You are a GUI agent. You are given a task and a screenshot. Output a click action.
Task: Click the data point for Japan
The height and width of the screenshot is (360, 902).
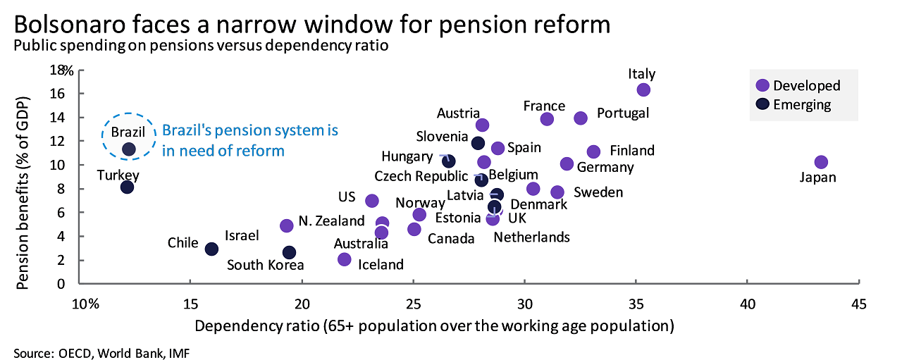pyautogui.click(x=820, y=162)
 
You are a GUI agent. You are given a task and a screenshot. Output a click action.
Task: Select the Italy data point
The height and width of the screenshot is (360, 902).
pyautogui.click(x=643, y=89)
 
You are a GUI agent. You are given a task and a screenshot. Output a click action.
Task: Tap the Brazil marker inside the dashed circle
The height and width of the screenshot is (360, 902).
pyautogui.click(x=129, y=149)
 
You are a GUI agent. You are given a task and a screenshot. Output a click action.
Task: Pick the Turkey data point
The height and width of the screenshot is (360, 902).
pyautogui.click(x=127, y=187)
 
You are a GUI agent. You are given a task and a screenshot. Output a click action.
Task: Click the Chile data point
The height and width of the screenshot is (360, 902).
pyautogui.click(x=211, y=249)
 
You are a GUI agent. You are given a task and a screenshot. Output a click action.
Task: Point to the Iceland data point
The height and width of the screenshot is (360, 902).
pyautogui.click(x=344, y=259)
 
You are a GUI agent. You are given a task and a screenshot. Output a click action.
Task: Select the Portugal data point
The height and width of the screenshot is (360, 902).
pyautogui.click(x=581, y=118)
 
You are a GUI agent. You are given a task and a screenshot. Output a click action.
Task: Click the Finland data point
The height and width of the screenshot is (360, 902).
pyautogui.click(x=593, y=151)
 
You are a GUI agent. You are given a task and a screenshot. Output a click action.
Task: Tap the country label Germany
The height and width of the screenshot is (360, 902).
pyautogui.click(x=605, y=168)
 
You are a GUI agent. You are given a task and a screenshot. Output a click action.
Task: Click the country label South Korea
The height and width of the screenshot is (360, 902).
pyautogui.click(x=265, y=265)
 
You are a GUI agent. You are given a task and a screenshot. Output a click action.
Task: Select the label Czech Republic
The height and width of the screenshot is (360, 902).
pyautogui.click(x=421, y=175)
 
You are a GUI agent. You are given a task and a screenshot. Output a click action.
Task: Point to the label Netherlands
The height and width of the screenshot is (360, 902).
pyautogui.click(x=531, y=237)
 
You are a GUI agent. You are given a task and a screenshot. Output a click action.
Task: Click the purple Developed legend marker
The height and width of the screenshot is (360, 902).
pyautogui.click(x=762, y=85)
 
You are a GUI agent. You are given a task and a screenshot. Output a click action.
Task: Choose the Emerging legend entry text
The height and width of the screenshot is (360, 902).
pyautogui.click(x=802, y=105)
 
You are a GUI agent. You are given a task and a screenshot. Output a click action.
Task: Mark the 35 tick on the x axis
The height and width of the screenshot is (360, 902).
pyautogui.click(x=636, y=304)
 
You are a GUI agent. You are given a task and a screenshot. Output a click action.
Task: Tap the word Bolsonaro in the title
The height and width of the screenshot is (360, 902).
pyautogui.click(x=78, y=25)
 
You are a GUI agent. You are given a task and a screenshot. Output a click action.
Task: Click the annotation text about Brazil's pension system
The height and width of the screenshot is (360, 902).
pyautogui.click(x=250, y=140)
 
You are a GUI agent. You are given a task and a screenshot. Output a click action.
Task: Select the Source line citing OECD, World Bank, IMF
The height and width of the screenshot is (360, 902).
pyautogui.click(x=101, y=352)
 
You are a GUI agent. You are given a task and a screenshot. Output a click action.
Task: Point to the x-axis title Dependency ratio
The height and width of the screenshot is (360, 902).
pyautogui.click(x=434, y=326)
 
